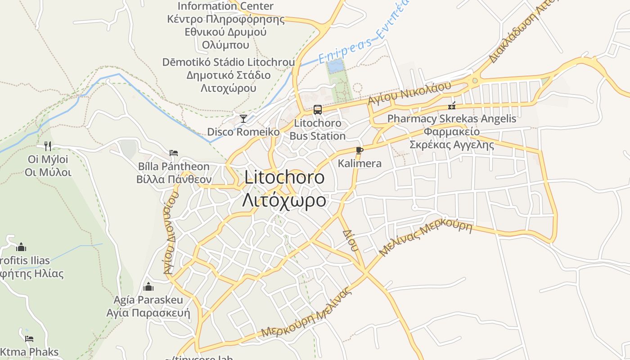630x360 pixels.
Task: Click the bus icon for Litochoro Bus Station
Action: pos(317,109)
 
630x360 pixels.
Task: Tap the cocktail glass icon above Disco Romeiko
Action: pos(243,118)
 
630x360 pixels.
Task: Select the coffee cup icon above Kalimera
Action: pos(359,150)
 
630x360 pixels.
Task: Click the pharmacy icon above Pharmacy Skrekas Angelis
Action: pos(452,106)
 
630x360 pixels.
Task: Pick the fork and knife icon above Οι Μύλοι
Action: pos(48,146)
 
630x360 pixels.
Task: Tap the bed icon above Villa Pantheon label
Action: pos(174,153)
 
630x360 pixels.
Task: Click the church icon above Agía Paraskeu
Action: pos(148,287)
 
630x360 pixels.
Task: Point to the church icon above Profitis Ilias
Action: pos(21,247)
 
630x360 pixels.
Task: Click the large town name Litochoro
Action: pos(284,177)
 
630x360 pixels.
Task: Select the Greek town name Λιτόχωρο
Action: pos(284,200)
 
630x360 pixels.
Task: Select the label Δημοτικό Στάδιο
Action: pos(228,75)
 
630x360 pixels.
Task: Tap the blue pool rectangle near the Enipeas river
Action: pos(334,67)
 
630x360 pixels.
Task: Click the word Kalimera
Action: pos(360,163)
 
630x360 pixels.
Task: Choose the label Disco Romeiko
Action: pos(243,132)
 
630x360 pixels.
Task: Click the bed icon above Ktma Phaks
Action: pos(29,338)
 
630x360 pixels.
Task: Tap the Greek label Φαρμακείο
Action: pos(451,132)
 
